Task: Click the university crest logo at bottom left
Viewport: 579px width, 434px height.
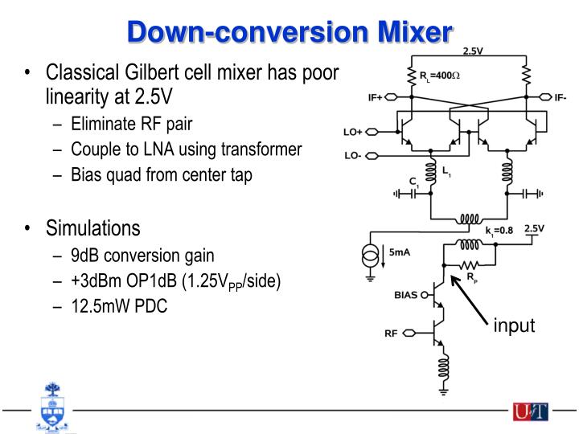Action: [x=49, y=410]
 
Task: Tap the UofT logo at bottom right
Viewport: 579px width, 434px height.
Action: [x=530, y=412]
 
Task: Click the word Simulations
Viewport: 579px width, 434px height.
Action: [x=93, y=229]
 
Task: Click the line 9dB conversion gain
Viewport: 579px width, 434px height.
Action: [x=142, y=256]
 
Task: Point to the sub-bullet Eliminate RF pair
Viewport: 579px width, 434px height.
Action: [x=132, y=124]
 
